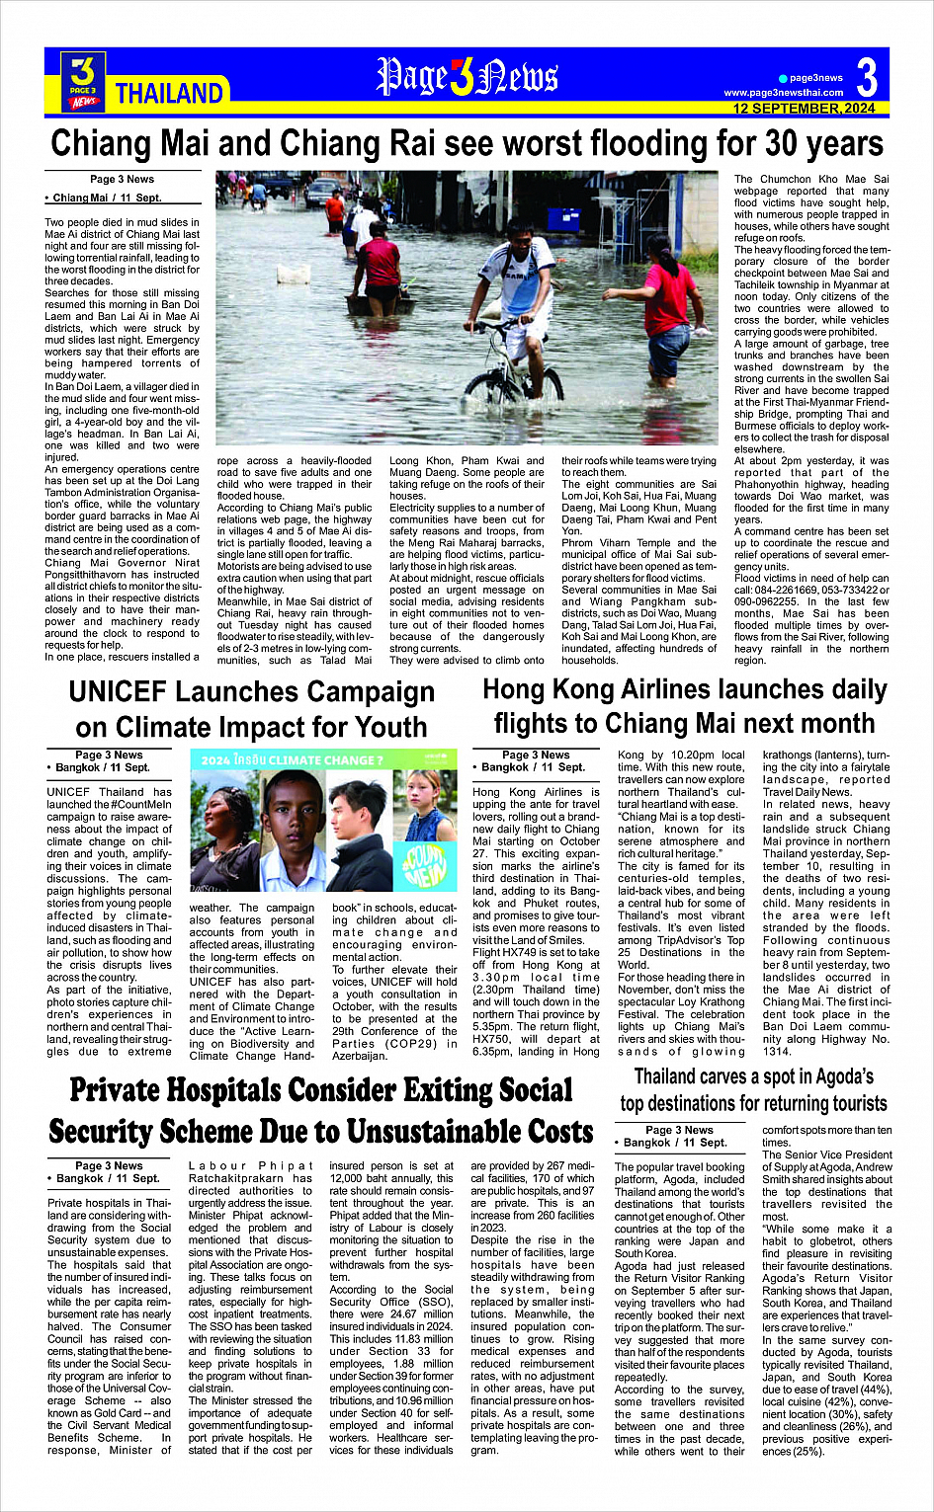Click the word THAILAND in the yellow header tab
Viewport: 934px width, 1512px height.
coord(169,94)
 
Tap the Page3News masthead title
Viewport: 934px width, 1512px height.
coord(467,77)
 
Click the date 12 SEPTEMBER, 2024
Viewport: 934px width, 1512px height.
coord(804,109)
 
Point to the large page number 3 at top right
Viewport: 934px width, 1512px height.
coord(867,77)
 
